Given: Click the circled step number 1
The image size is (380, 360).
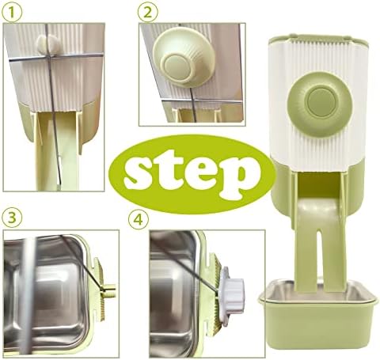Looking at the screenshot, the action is click(x=12, y=13).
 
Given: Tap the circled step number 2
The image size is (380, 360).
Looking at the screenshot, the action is click(x=148, y=13).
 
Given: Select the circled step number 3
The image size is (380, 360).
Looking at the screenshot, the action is click(x=12, y=218).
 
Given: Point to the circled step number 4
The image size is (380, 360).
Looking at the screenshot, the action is click(x=139, y=220).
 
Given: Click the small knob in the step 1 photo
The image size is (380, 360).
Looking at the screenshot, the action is click(x=48, y=44).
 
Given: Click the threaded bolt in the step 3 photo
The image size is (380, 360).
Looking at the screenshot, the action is click(x=109, y=288).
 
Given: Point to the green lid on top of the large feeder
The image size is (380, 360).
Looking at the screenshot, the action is click(x=318, y=40).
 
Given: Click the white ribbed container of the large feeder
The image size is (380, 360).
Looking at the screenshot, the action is click(x=318, y=105).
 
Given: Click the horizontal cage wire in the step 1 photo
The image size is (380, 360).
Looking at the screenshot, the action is click(x=56, y=57).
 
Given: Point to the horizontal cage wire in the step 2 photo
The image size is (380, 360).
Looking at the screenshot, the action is click(x=203, y=100).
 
